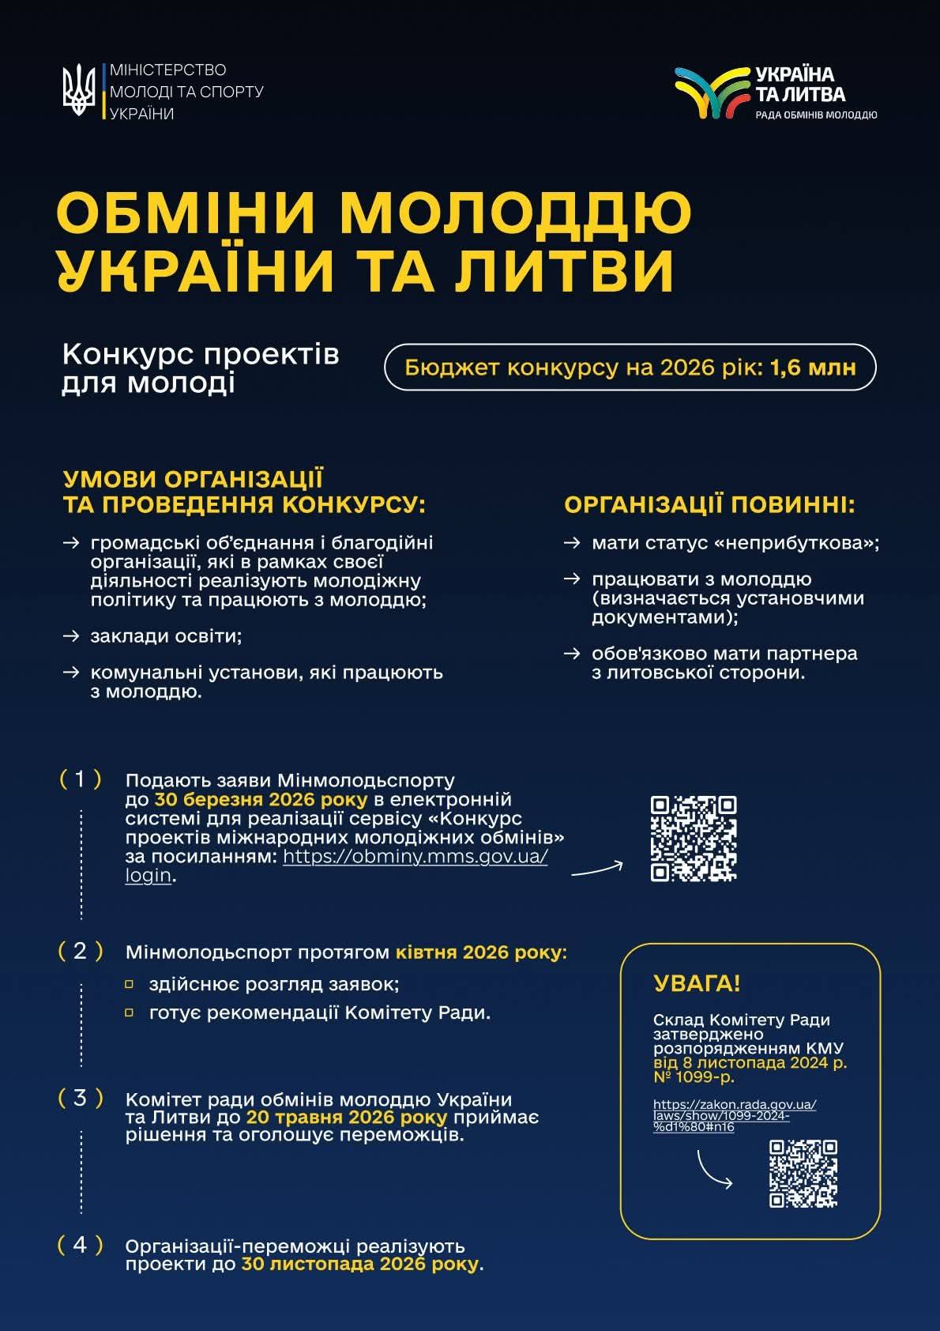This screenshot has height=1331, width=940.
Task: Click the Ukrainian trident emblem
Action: (79, 91)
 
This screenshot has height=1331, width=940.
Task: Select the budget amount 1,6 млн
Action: (813, 368)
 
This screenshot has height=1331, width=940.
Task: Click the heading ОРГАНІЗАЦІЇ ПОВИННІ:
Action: (709, 504)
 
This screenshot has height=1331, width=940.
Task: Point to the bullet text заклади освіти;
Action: (166, 636)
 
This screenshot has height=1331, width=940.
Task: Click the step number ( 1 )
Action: (81, 779)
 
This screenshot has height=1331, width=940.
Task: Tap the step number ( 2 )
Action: (81, 951)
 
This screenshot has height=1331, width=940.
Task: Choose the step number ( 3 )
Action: (81, 1098)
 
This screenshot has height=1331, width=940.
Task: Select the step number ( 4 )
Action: (81, 1245)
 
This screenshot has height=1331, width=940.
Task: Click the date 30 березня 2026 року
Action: (261, 799)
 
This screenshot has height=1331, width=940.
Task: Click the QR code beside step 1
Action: (693, 839)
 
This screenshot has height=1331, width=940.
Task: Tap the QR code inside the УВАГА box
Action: (803, 1173)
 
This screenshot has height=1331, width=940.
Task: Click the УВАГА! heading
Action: (697, 984)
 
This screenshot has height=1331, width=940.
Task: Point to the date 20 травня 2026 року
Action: (346, 1118)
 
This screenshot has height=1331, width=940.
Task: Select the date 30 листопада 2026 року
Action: (359, 1264)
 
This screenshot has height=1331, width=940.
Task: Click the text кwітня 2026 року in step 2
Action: (481, 952)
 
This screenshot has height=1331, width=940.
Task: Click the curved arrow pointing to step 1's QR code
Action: (597, 869)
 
